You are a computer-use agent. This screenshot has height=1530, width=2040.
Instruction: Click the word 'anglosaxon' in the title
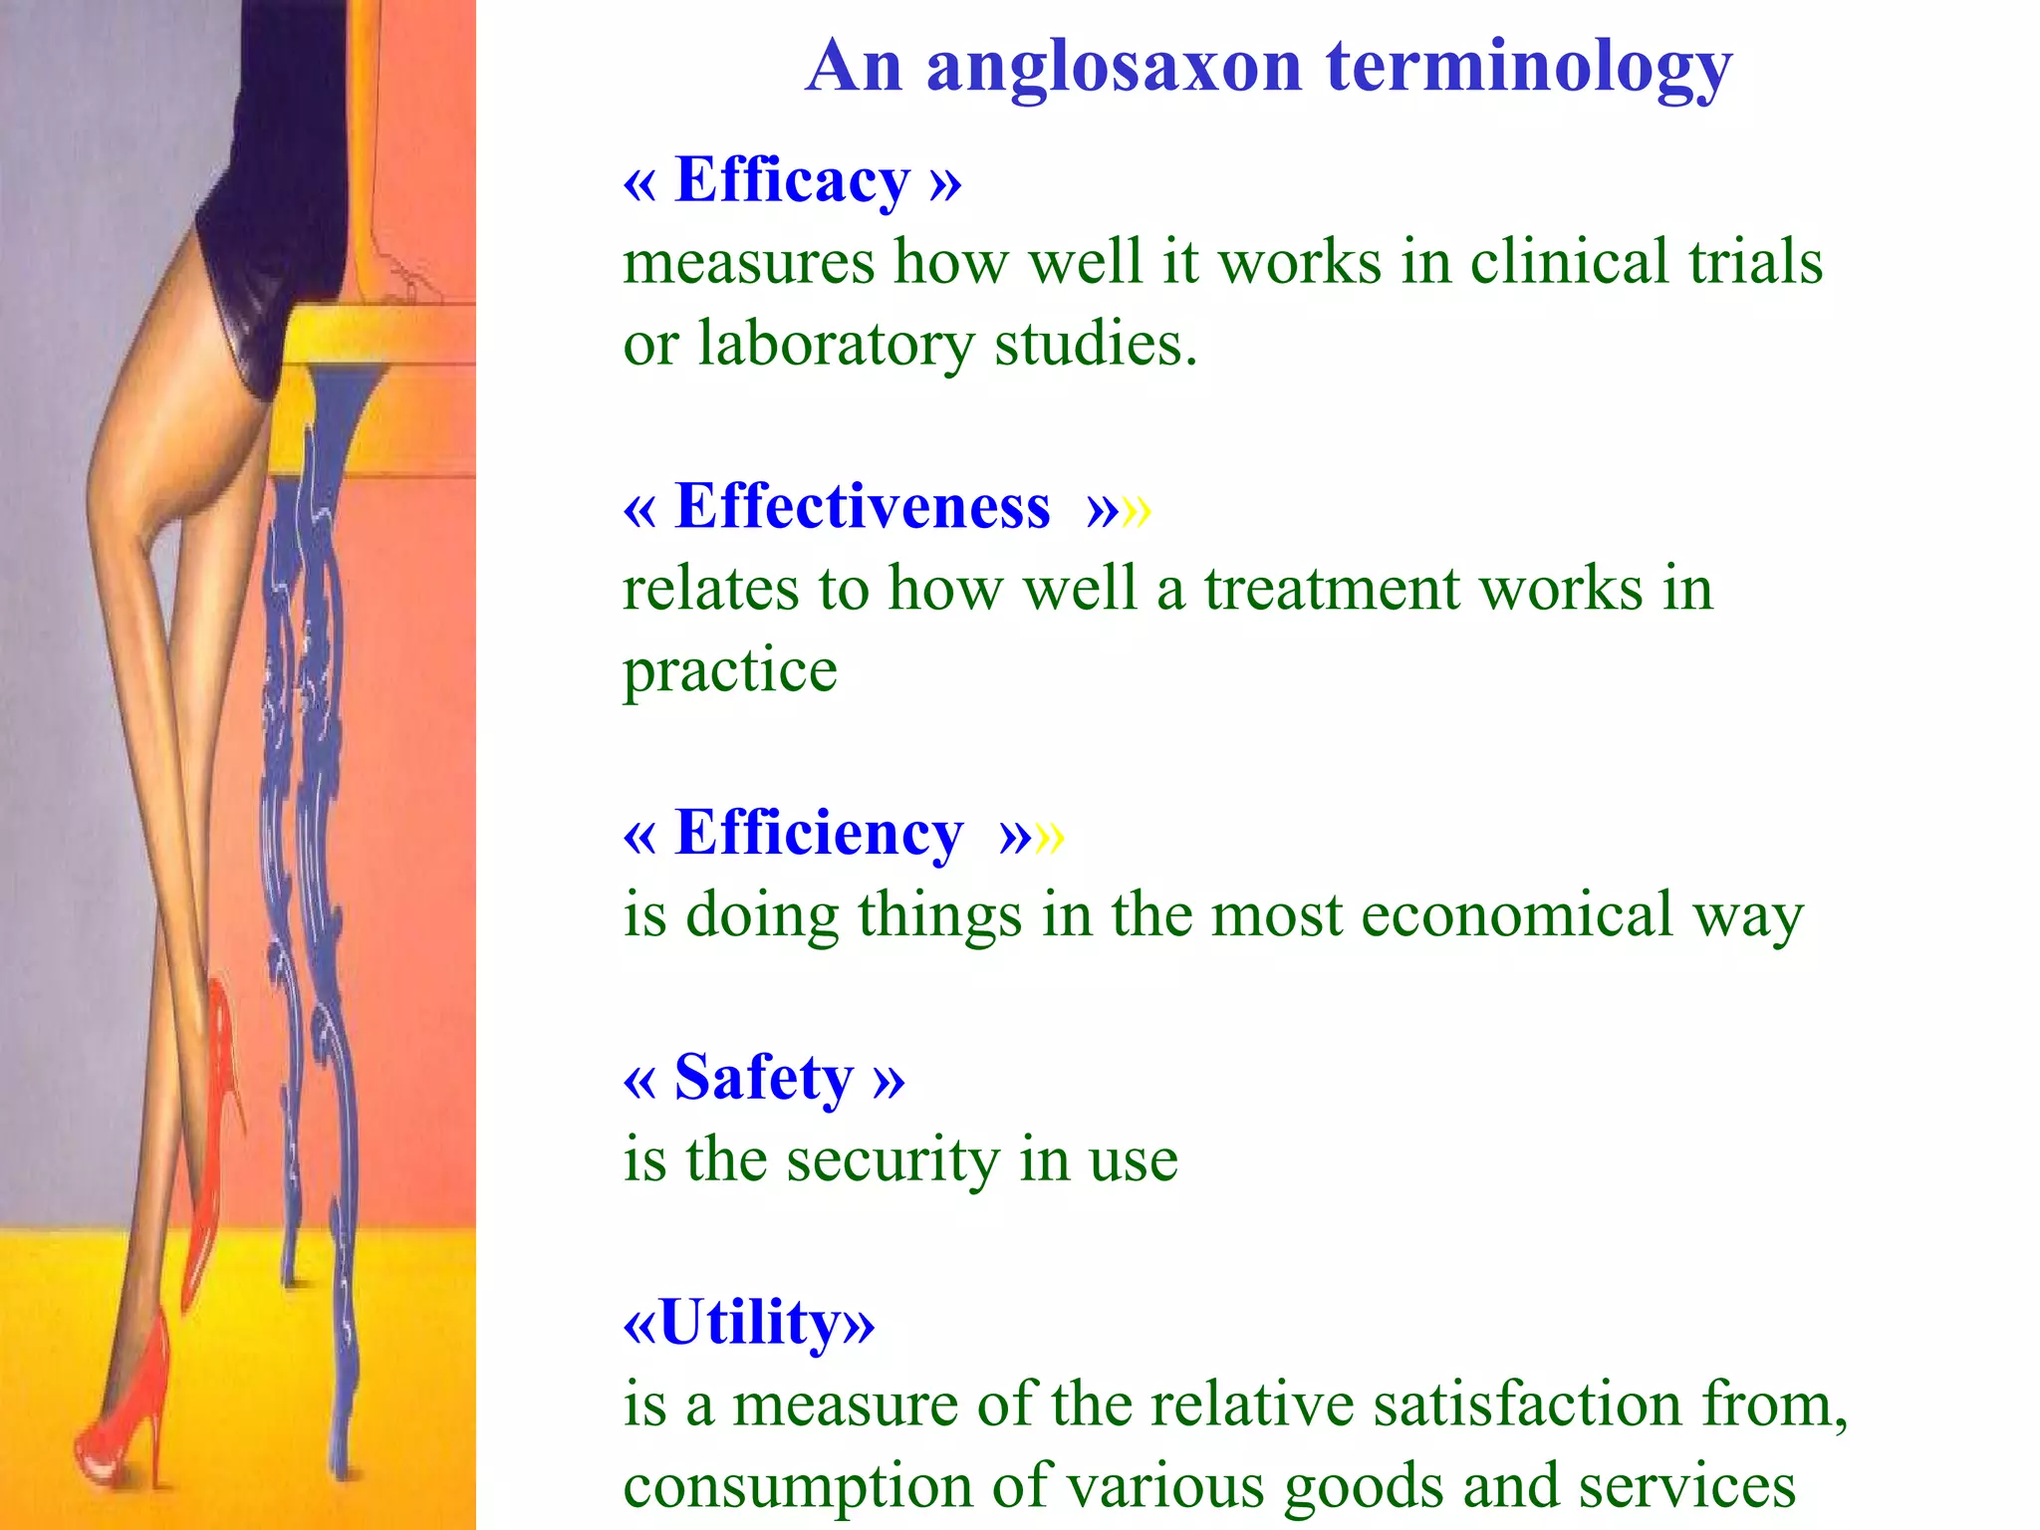point(1114,68)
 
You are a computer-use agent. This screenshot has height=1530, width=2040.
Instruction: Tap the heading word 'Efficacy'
point(792,181)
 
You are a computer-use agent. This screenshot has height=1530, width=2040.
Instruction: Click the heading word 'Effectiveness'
point(862,507)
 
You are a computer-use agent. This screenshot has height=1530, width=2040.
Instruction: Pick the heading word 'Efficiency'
point(818,833)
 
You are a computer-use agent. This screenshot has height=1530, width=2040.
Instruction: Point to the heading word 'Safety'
point(763,1078)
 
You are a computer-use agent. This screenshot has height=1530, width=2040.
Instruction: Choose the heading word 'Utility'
point(749,1323)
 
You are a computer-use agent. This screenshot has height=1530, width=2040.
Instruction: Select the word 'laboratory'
point(835,345)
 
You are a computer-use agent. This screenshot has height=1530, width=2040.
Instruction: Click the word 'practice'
point(730,671)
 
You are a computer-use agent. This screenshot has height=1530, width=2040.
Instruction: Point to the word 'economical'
point(1516,914)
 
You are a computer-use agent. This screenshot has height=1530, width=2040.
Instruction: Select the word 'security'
point(892,1159)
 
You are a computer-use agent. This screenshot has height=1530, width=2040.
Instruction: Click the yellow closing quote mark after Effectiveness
point(1137,510)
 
